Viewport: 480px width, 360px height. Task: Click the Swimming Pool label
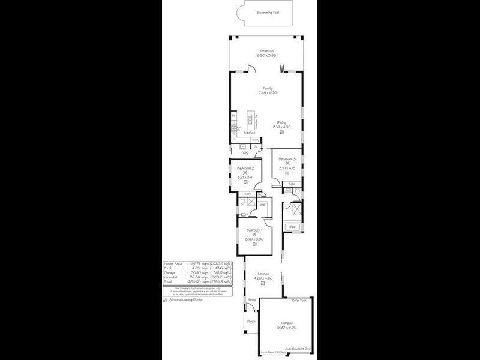(x=267, y=12)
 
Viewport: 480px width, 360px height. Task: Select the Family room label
(x=268, y=89)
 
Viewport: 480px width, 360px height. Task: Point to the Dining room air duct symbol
(x=281, y=133)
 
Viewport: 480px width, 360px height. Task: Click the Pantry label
(x=256, y=140)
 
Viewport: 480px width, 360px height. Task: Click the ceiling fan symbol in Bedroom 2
(x=245, y=173)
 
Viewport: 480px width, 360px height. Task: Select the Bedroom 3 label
(x=287, y=158)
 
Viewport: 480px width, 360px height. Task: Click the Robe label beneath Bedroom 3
(x=292, y=184)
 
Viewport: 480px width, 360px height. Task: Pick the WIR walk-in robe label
(x=262, y=205)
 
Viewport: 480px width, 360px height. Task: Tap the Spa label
(x=293, y=227)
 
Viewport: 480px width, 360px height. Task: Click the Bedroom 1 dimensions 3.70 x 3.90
(x=254, y=238)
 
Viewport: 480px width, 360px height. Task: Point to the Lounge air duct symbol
(x=262, y=283)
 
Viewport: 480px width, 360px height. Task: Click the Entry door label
(x=252, y=299)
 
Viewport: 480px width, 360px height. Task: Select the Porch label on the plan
(x=251, y=321)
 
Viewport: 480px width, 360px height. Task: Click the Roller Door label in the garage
(x=299, y=299)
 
